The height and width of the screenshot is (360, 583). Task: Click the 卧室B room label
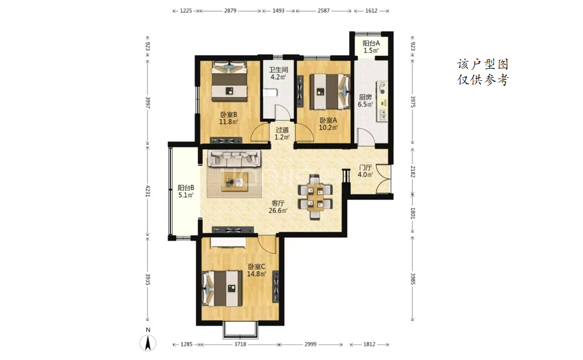click(x=228, y=114)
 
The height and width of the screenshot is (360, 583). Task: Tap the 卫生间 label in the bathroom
click(x=279, y=70)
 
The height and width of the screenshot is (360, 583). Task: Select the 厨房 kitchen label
click(x=365, y=97)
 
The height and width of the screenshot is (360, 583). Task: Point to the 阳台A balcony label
click(x=371, y=43)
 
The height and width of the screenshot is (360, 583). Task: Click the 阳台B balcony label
click(x=186, y=188)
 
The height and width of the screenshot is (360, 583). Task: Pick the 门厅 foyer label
click(x=365, y=167)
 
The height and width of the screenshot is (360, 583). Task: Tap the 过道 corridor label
click(x=282, y=130)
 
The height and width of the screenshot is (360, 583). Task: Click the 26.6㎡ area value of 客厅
click(x=278, y=211)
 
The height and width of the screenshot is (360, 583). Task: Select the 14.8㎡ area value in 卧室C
click(x=257, y=274)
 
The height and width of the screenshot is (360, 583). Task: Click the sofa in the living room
click(x=234, y=158)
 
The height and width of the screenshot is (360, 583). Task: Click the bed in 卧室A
click(x=330, y=92)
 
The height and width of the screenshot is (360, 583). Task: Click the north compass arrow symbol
click(x=148, y=343)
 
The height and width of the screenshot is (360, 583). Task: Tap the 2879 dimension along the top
click(x=230, y=11)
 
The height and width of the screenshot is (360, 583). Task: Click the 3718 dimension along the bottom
click(x=240, y=344)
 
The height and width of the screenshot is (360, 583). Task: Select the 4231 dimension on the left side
click(x=147, y=191)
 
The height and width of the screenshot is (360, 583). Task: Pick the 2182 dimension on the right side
click(x=413, y=172)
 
